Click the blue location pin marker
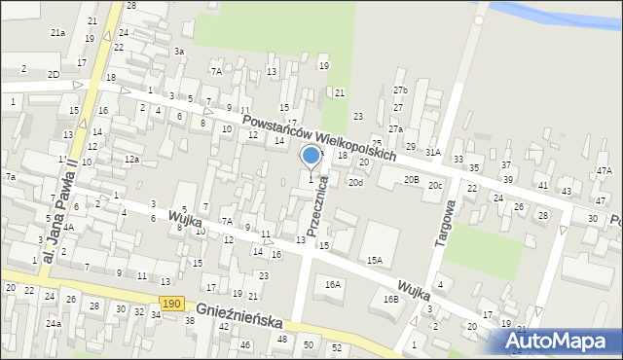click(x=311, y=156)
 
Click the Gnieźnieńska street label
click(x=239, y=313)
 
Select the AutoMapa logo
click(x=561, y=342)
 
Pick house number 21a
click(x=58, y=33)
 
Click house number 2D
click(x=54, y=74)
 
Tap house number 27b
click(x=400, y=90)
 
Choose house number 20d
click(x=356, y=182)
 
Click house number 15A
click(x=375, y=260)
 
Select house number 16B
click(x=390, y=299)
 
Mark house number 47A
click(x=605, y=171)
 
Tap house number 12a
click(x=131, y=159)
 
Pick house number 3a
click(x=178, y=51)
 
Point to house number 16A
click(x=333, y=284)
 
